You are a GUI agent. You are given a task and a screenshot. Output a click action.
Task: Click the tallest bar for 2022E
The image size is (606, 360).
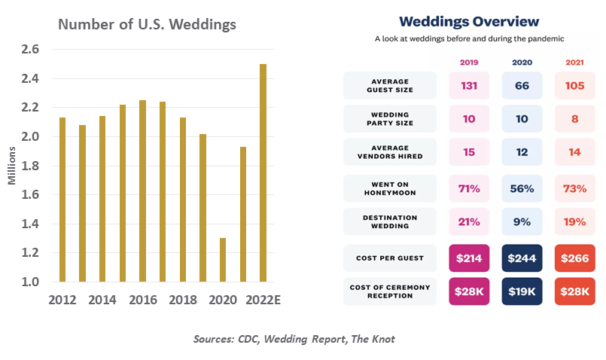pos(263,173)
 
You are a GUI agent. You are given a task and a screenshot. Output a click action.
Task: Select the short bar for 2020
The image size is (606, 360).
pos(223,260)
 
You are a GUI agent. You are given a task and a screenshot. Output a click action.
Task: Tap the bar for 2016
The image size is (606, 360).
pos(142,191)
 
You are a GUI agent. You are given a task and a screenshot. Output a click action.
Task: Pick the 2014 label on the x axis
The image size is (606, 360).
pos(102,299)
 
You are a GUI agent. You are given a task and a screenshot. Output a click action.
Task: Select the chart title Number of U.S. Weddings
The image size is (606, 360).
pos(148,24)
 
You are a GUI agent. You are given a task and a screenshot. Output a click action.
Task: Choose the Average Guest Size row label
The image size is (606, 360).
pos(389,86)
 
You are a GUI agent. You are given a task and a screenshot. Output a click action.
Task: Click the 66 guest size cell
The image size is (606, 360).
pos(522,86)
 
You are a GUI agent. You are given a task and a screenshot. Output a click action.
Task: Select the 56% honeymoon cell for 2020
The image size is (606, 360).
pos(522,188)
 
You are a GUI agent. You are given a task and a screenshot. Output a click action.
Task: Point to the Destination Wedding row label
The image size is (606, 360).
pos(389,222)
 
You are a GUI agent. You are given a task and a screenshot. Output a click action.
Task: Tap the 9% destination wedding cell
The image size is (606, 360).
pos(522,222)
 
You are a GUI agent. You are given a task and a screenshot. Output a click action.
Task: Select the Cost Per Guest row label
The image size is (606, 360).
pos(389,258)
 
